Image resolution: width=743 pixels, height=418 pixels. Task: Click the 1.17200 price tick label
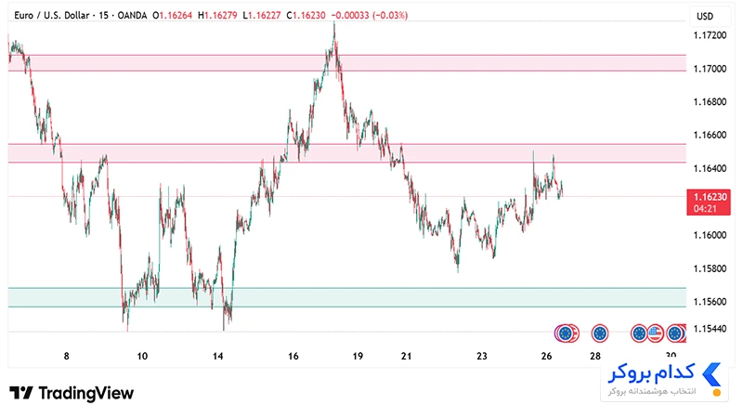pyautogui.click(x=710, y=35)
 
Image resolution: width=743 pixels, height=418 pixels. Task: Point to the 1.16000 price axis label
pyautogui.click(x=710, y=236)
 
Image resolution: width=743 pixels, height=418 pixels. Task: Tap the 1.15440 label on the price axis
pyautogui.click(x=710, y=329)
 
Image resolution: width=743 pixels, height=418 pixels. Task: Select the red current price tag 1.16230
pyautogui.click(x=709, y=202)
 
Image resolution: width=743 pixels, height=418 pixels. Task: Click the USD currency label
pyautogui.click(x=705, y=17)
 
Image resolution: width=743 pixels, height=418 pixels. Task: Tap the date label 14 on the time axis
pyautogui.click(x=217, y=356)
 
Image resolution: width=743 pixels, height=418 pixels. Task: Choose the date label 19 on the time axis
pyautogui.click(x=358, y=356)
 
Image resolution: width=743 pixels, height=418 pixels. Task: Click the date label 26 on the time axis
pyautogui.click(x=546, y=356)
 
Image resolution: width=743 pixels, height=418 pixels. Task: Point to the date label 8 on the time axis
pyautogui.click(x=66, y=356)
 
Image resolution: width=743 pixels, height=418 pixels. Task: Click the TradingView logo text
pyautogui.click(x=85, y=393)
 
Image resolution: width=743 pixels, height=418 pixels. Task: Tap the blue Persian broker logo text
pyautogui.click(x=651, y=373)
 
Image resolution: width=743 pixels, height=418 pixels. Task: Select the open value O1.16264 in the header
pyautogui.click(x=173, y=15)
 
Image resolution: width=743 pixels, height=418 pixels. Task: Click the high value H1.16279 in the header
pyautogui.click(x=217, y=15)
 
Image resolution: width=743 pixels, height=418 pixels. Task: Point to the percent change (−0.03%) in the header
pyautogui.click(x=390, y=15)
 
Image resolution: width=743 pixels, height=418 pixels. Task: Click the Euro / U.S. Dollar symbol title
pyautogui.click(x=52, y=15)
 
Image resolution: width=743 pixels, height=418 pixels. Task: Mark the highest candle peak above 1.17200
pyautogui.click(x=334, y=21)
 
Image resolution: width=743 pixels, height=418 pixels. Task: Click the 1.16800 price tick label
pyautogui.click(x=710, y=102)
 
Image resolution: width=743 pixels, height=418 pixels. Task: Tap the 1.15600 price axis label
pyautogui.click(x=710, y=302)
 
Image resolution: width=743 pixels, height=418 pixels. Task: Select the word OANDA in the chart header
pyautogui.click(x=132, y=15)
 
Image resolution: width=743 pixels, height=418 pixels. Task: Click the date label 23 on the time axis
pyautogui.click(x=481, y=356)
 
